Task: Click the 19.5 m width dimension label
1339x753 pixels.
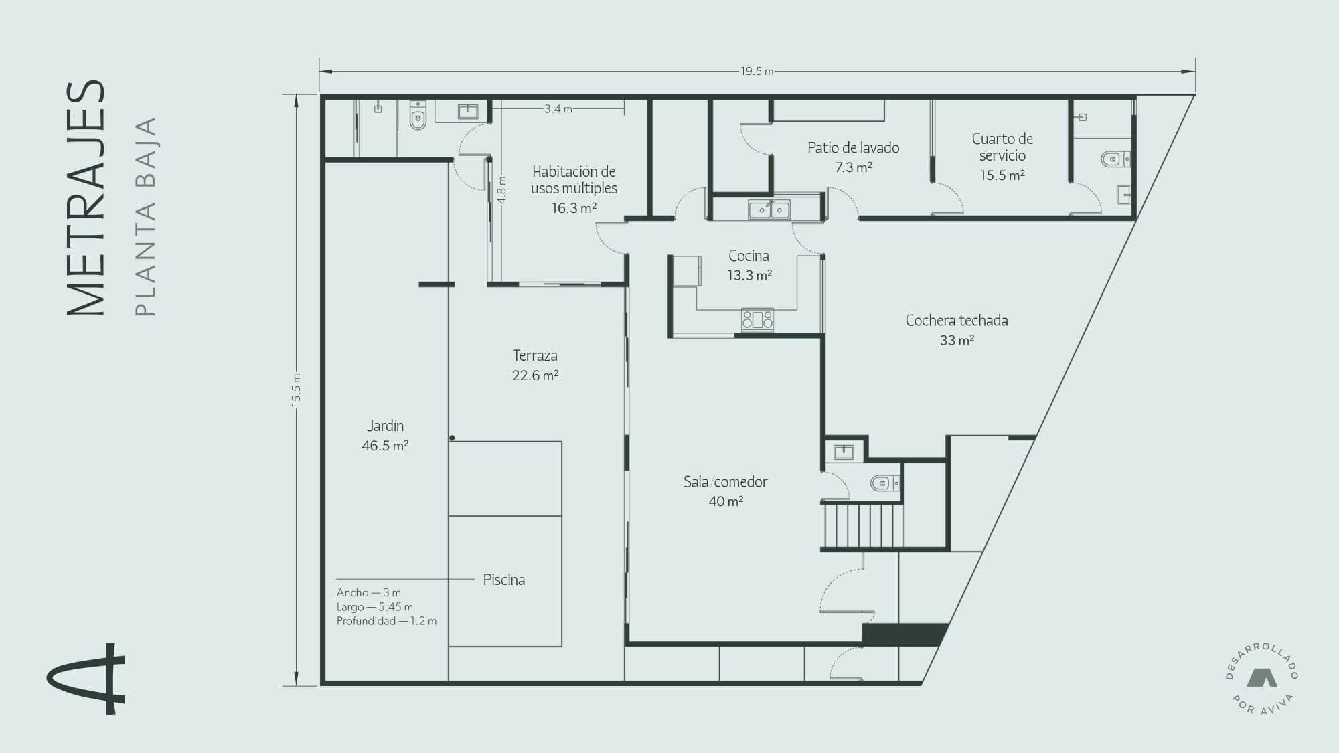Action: [757, 71]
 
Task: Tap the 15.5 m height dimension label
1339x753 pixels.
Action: [296, 390]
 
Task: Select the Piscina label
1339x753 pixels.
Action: [504, 580]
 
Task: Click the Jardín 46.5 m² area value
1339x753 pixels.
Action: [385, 446]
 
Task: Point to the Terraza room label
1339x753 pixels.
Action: [535, 355]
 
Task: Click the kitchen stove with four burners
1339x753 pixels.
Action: [757, 319]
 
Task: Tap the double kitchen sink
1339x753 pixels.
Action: [769, 210]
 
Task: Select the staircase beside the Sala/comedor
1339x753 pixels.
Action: [862, 525]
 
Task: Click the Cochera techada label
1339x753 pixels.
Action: [957, 321]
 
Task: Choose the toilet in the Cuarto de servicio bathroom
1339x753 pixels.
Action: [1115, 159]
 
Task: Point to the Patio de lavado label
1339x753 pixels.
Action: [853, 148]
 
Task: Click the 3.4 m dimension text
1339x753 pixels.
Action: [558, 108]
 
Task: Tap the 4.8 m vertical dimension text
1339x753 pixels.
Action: [502, 190]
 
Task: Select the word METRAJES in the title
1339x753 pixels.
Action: [86, 198]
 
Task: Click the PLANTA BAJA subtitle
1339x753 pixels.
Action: [145, 216]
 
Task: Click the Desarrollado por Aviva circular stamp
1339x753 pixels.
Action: [1262, 678]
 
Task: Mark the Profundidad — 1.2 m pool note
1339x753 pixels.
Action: [386, 621]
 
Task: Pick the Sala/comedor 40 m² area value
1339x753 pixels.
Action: [726, 501]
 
